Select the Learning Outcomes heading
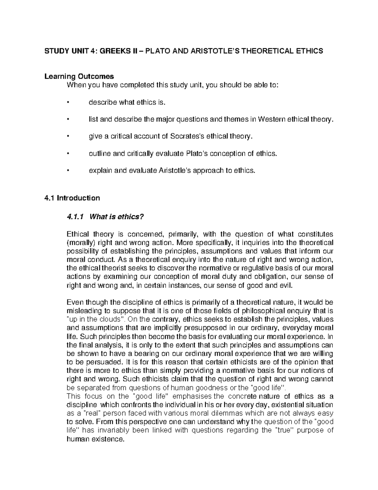(x=79, y=76)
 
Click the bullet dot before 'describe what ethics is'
(x=67, y=102)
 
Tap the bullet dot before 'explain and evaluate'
(x=67, y=171)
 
